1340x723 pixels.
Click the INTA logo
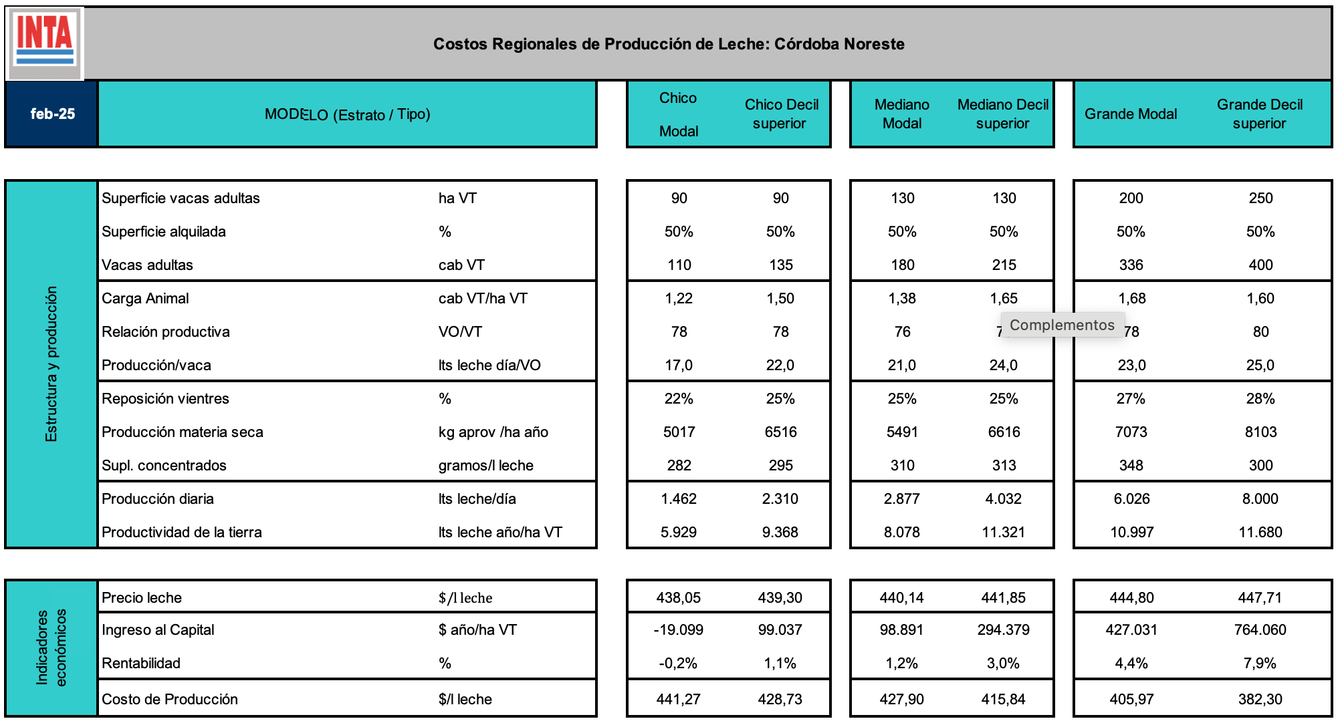pyautogui.click(x=45, y=43)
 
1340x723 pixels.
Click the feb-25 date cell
pyautogui.click(x=52, y=114)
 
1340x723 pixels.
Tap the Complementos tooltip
pyautogui.click(x=1062, y=325)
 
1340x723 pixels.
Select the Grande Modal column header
pyautogui.click(x=1131, y=114)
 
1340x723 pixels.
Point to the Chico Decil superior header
pyautogui.click(x=781, y=114)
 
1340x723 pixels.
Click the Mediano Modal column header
pyautogui.click(x=902, y=114)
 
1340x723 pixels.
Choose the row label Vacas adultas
pyautogui.click(x=147, y=265)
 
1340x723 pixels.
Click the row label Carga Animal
pyautogui.click(x=145, y=299)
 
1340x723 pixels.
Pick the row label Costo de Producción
pyautogui.click(x=170, y=700)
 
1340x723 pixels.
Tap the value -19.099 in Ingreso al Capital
pyautogui.click(x=678, y=630)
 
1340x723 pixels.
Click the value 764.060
pyautogui.click(x=1260, y=630)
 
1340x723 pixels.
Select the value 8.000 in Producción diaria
pyautogui.click(x=1260, y=499)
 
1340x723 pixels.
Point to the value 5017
pyautogui.click(x=679, y=432)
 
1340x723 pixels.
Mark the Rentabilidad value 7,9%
pyautogui.click(x=1260, y=664)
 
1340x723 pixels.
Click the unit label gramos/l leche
pyautogui.click(x=486, y=466)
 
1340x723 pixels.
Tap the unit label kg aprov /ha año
pyautogui.click(x=493, y=432)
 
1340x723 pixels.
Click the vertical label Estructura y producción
pyautogui.click(x=51, y=364)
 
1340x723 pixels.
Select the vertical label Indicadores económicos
pyautogui.click(x=51, y=647)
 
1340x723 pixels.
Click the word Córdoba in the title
pyautogui.click(x=801, y=44)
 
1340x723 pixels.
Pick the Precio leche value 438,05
pyautogui.click(x=678, y=598)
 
